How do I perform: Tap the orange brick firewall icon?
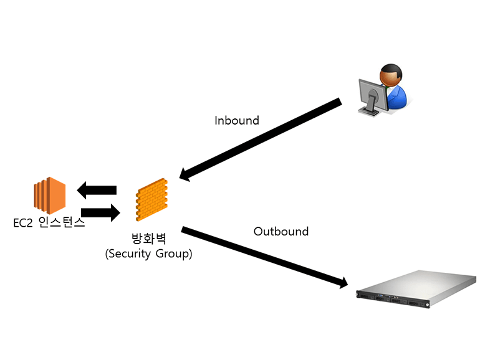[151, 199]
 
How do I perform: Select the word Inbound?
[236, 120]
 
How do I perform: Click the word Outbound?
[281, 231]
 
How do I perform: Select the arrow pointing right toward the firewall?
[100, 213]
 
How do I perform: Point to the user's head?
[391, 75]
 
